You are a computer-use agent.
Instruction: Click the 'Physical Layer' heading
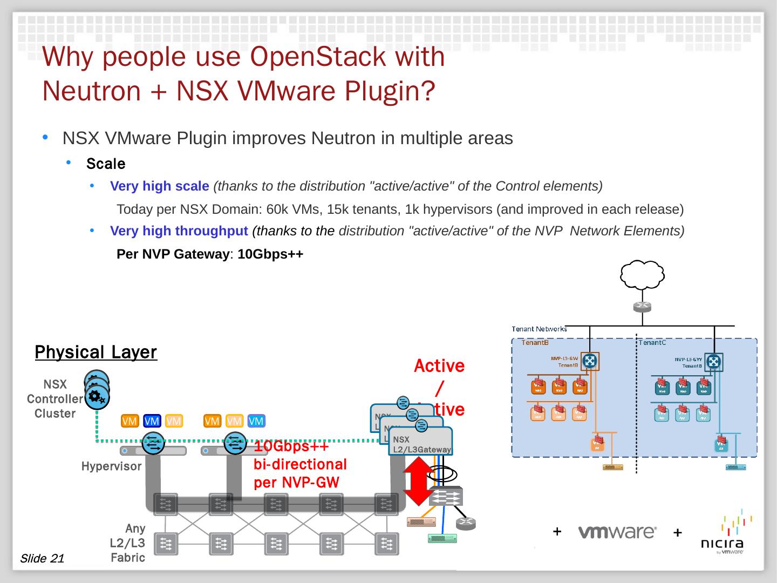point(96,352)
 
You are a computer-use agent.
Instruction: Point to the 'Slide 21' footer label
point(42,558)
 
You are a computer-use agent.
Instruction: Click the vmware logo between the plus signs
point(617,532)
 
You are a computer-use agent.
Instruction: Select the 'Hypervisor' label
point(111,466)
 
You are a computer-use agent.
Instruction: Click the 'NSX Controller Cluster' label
point(54,399)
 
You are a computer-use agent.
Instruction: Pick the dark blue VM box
point(152,421)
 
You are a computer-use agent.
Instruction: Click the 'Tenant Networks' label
point(539,329)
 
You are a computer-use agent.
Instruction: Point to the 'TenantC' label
point(652,342)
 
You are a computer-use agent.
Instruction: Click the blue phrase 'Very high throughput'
point(179,231)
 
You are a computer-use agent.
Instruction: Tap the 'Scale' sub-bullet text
point(106,164)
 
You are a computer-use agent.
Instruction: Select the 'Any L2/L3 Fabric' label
point(128,543)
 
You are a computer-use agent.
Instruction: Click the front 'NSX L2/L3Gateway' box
point(421,444)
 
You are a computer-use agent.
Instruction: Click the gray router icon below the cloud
point(642,306)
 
